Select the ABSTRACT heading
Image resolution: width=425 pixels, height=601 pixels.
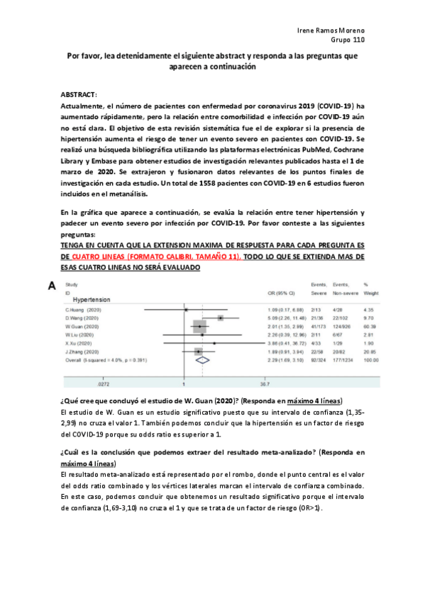point(78,94)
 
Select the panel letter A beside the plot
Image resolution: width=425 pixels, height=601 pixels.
point(51,286)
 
